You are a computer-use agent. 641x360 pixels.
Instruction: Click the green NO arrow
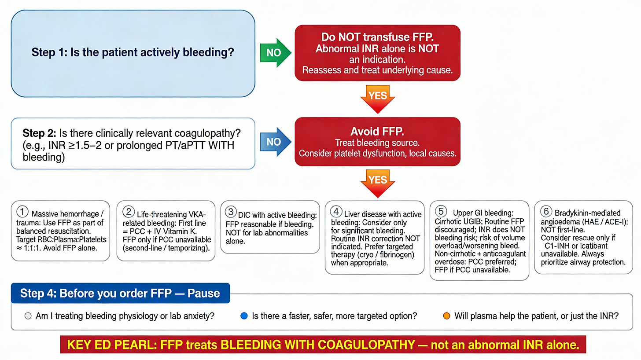[275, 53]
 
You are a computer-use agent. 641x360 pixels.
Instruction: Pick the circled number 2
[129, 211]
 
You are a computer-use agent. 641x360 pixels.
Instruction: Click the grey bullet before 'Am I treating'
[28, 316]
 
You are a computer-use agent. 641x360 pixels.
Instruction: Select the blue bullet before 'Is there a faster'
[244, 316]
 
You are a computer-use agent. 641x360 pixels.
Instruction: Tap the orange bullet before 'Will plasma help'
[446, 316]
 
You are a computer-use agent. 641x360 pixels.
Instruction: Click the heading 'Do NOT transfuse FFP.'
[377, 37]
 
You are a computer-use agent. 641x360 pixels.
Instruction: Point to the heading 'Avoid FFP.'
[377, 131]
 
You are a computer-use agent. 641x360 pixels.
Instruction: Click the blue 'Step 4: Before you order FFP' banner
[120, 293]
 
